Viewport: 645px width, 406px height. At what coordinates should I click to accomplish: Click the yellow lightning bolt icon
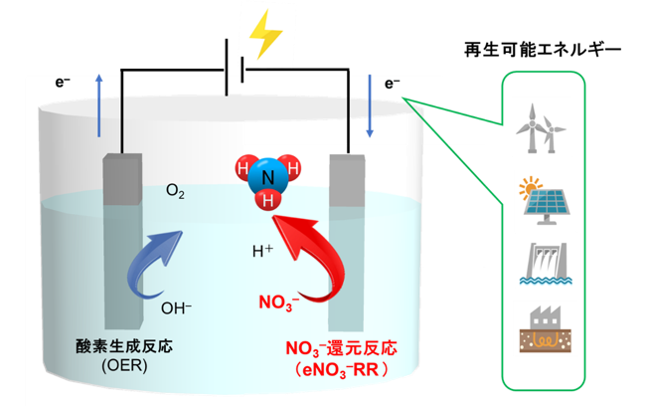265,35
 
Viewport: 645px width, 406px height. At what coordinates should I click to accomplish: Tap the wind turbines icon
541,128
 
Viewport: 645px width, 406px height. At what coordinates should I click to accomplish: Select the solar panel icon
545,201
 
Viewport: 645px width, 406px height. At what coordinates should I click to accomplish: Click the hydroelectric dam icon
546,264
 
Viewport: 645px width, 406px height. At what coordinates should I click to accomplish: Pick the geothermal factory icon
545,328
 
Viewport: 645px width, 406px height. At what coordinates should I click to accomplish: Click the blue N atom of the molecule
267,177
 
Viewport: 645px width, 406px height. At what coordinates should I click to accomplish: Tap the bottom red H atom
267,201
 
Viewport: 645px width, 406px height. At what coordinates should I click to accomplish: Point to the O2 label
175,191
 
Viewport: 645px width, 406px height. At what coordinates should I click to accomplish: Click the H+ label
262,251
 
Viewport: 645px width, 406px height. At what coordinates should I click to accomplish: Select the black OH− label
176,308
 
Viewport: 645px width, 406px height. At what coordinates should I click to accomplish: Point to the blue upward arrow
98,105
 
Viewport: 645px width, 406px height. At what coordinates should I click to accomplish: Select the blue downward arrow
370,105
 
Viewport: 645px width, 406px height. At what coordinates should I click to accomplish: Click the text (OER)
124,365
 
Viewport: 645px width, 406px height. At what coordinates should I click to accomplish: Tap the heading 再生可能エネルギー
543,50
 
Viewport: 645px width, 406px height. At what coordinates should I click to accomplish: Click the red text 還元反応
362,348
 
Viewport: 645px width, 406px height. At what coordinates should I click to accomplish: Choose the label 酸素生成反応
124,346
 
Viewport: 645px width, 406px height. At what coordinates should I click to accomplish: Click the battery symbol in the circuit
235,68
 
